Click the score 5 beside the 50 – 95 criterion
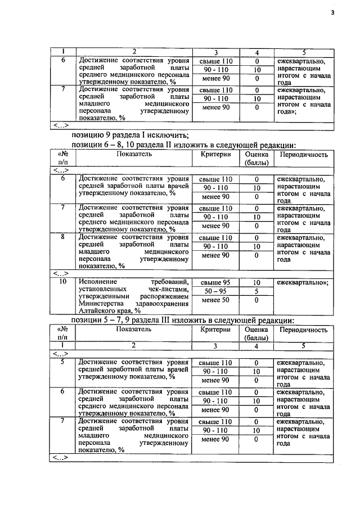coord(256,291)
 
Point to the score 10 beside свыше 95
coord(256,282)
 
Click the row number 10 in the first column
coord(63,281)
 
